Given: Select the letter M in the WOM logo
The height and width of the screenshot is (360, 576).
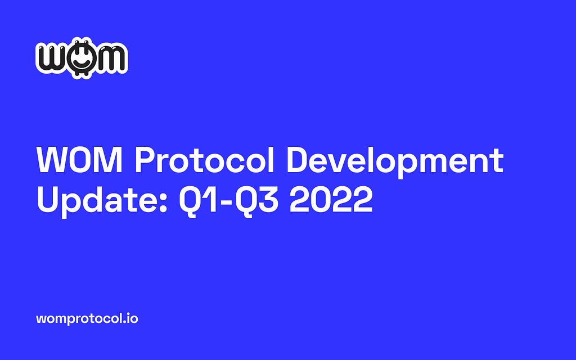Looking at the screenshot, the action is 110,58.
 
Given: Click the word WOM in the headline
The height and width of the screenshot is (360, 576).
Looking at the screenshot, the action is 79,160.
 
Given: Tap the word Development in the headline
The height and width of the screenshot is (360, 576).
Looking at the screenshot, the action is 395,162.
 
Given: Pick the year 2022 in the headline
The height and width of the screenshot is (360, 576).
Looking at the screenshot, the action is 331,200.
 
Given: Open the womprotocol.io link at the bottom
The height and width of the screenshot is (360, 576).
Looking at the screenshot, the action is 87,318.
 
